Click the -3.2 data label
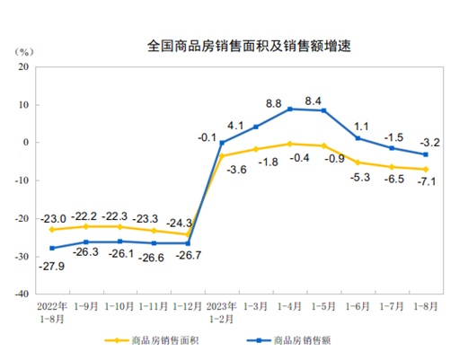point(430,141)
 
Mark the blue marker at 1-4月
point(289,109)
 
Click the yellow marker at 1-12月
point(188,234)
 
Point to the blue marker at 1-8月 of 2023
point(425,154)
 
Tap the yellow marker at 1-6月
point(358,162)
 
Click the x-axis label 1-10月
point(119,305)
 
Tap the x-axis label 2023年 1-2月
point(221,311)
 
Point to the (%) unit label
point(25,50)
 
